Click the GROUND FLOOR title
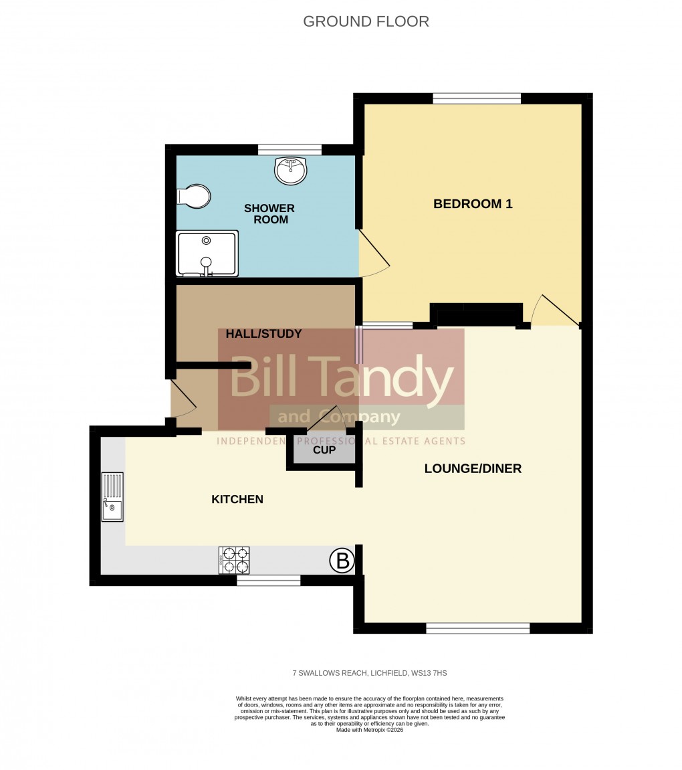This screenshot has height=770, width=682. click(x=366, y=21)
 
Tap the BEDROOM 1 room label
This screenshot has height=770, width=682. click(x=473, y=204)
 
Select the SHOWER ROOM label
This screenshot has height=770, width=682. click(x=269, y=213)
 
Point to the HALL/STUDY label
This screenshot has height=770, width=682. click(x=263, y=334)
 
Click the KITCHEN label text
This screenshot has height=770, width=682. click(x=237, y=499)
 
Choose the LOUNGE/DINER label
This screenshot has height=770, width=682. click(x=473, y=468)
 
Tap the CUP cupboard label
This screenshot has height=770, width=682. click(x=324, y=450)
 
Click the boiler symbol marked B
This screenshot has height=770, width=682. click(x=342, y=561)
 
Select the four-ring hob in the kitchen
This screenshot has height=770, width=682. click(x=234, y=560)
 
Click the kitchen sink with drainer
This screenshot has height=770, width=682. click(x=112, y=497)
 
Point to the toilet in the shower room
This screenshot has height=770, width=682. click(x=193, y=196)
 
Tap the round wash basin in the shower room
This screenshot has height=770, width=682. click(x=290, y=170)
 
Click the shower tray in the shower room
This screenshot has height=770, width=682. click(x=207, y=254)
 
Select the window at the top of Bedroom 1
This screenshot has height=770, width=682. click(x=476, y=98)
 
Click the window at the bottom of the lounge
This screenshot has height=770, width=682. click(x=477, y=628)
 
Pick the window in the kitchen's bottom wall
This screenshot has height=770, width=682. click(x=268, y=581)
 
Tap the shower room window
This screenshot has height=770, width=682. click(x=290, y=150)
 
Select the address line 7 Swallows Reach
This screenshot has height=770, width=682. click(x=369, y=673)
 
